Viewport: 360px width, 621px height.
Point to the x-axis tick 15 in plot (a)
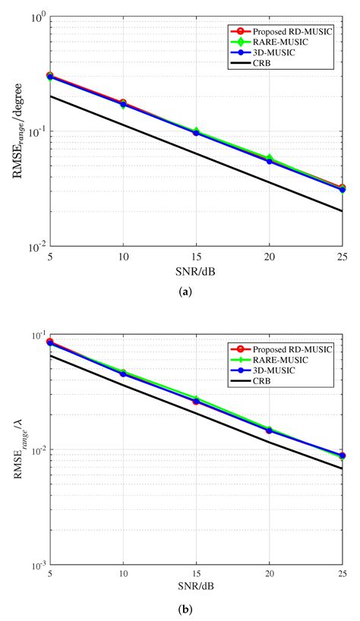coord(196,257)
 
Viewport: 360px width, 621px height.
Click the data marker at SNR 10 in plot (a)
coord(123,103)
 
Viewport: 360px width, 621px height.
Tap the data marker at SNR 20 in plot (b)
coord(269,430)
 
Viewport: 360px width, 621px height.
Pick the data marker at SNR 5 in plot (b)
coord(50,342)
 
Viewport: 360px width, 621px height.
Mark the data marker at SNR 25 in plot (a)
coord(342,188)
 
